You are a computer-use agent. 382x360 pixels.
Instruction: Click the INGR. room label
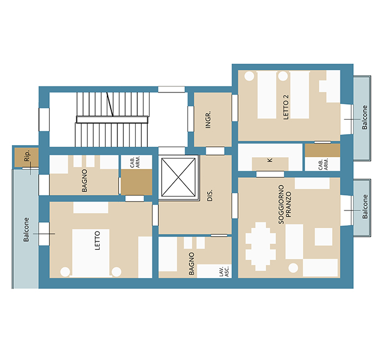click(208, 120)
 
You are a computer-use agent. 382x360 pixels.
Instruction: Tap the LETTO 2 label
click(286, 107)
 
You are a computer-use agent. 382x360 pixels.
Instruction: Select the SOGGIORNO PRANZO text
click(285, 204)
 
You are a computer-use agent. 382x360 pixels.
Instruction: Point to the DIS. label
click(210, 196)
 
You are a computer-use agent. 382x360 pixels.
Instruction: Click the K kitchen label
click(270, 160)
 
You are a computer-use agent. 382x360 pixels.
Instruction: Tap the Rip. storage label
click(27, 156)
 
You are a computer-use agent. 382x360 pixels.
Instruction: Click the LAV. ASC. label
click(224, 271)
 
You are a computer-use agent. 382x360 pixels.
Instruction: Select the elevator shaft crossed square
click(179, 177)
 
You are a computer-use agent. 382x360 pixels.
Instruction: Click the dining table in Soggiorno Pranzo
click(260, 246)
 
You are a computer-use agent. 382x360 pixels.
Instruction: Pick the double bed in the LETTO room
click(91, 253)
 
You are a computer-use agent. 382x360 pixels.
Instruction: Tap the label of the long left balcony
click(26, 230)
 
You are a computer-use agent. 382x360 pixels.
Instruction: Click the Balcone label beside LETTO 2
click(364, 117)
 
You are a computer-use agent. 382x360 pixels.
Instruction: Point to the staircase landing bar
click(112, 120)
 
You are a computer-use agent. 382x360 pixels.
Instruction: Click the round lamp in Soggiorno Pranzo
click(293, 268)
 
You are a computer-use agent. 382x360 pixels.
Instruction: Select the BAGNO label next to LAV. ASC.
click(192, 264)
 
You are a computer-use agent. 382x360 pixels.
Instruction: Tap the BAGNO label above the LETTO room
click(84, 181)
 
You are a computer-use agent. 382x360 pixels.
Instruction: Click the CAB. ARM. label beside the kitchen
click(323, 164)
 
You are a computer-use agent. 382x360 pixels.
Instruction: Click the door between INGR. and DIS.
click(215, 151)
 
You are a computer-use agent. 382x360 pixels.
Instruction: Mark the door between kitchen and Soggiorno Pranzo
click(270, 174)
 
